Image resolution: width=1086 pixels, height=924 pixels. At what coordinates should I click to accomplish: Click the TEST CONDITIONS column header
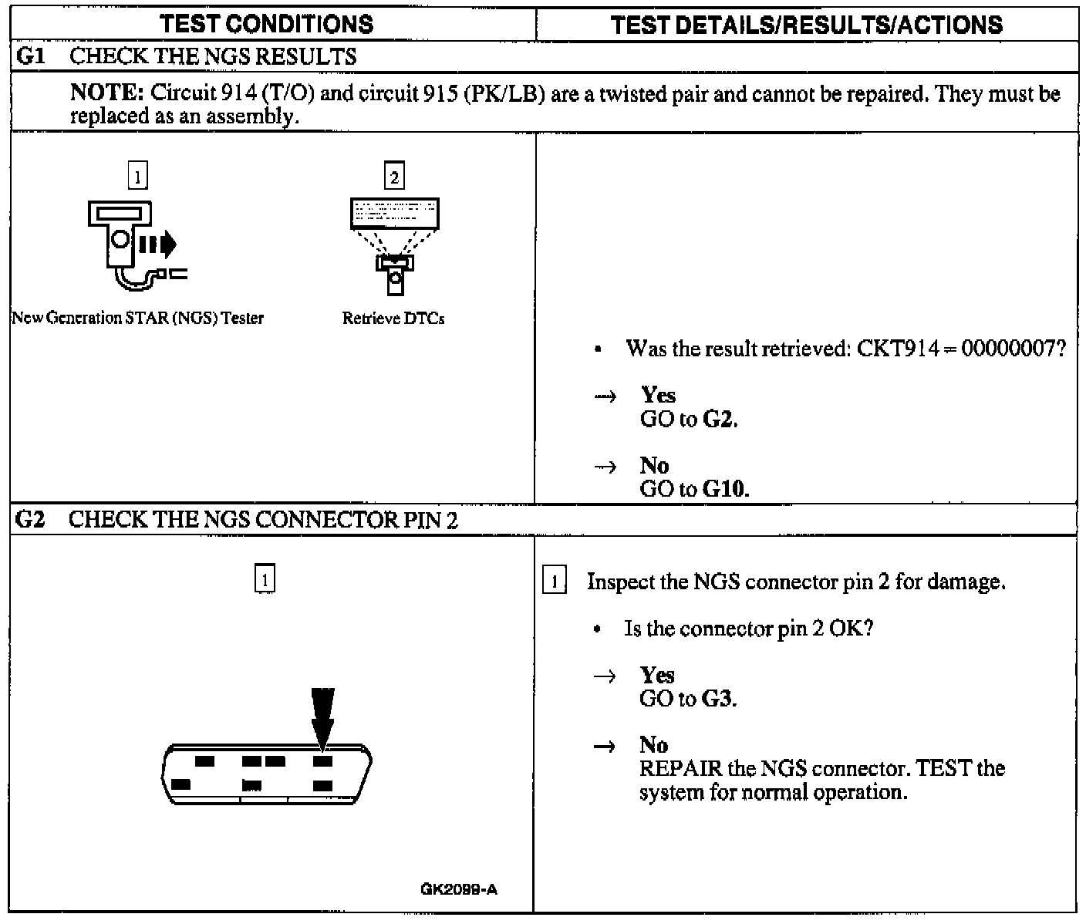click(x=267, y=25)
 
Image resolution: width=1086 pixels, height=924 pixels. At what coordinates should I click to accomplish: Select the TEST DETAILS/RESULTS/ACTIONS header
click(x=807, y=25)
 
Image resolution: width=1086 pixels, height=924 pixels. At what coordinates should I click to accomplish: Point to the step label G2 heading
click(x=29, y=520)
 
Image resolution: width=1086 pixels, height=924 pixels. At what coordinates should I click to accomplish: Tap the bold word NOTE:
click(x=107, y=93)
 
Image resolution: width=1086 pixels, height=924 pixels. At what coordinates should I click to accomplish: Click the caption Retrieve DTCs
click(x=393, y=319)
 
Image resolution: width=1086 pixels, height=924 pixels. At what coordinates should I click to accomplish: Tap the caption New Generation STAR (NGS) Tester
click(x=137, y=318)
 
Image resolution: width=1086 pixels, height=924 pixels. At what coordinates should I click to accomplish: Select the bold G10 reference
click(x=726, y=489)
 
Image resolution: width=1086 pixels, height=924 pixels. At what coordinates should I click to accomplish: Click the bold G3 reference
click(x=718, y=699)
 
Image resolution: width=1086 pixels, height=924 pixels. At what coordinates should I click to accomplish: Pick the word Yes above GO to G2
click(x=658, y=395)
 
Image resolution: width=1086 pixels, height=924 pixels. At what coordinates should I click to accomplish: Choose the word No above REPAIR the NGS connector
click(x=653, y=745)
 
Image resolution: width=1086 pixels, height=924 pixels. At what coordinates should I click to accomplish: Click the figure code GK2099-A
click(x=459, y=889)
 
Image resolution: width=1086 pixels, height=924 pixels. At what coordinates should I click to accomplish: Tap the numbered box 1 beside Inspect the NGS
click(x=555, y=581)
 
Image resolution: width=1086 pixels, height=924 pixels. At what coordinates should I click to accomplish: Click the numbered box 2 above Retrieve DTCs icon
click(x=394, y=177)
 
